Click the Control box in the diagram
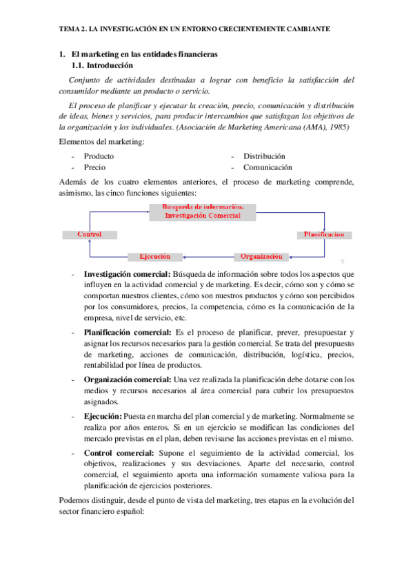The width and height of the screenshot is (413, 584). tap(90, 234)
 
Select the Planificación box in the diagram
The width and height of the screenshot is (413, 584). tap(324, 234)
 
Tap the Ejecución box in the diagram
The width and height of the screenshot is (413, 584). tap(155, 256)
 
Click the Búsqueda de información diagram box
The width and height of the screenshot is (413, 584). tap(203, 211)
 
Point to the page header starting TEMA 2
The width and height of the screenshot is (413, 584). tap(194, 30)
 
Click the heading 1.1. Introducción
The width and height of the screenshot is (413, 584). tap(102, 66)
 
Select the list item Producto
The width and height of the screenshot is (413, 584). tap(99, 156)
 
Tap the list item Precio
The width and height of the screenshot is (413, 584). tap(94, 167)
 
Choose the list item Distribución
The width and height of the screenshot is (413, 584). tap(264, 156)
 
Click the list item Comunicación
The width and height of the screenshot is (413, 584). tap(268, 167)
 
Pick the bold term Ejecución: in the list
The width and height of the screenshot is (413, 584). tap(103, 417)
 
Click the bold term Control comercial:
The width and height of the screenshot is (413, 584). tap(119, 453)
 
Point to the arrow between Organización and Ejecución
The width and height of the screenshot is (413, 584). tap(208, 256)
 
